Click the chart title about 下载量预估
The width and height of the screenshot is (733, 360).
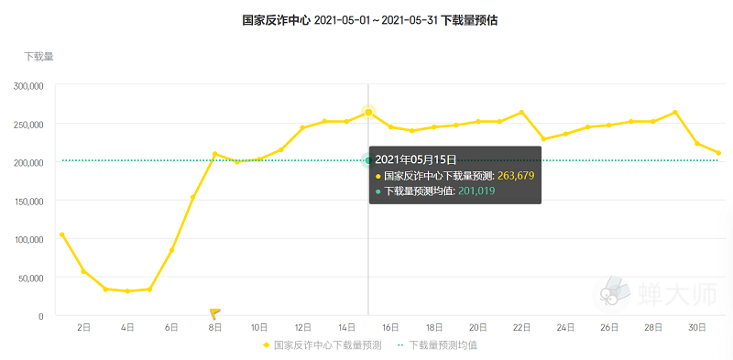coord(370,20)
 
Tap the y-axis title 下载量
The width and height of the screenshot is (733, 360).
coord(38,57)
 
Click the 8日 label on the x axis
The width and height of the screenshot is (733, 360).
coord(215,328)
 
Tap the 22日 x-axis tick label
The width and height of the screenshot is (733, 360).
coord(521,328)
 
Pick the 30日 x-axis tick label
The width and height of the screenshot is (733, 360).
coord(697,328)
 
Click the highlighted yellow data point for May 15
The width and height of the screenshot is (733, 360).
coord(368,112)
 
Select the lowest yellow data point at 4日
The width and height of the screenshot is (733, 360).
coord(127,290)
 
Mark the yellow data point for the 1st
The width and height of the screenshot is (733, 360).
coord(61,235)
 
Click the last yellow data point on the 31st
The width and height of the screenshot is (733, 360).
coord(718,153)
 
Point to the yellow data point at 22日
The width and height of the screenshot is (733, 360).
coord(521,112)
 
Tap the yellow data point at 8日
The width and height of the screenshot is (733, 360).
coord(215,154)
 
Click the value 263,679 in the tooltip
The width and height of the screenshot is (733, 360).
coord(516,176)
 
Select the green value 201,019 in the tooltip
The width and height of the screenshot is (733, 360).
coord(476,191)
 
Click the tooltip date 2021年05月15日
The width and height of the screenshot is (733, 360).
coord(416,160)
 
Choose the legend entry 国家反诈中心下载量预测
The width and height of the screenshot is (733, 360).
coord(323,345)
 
